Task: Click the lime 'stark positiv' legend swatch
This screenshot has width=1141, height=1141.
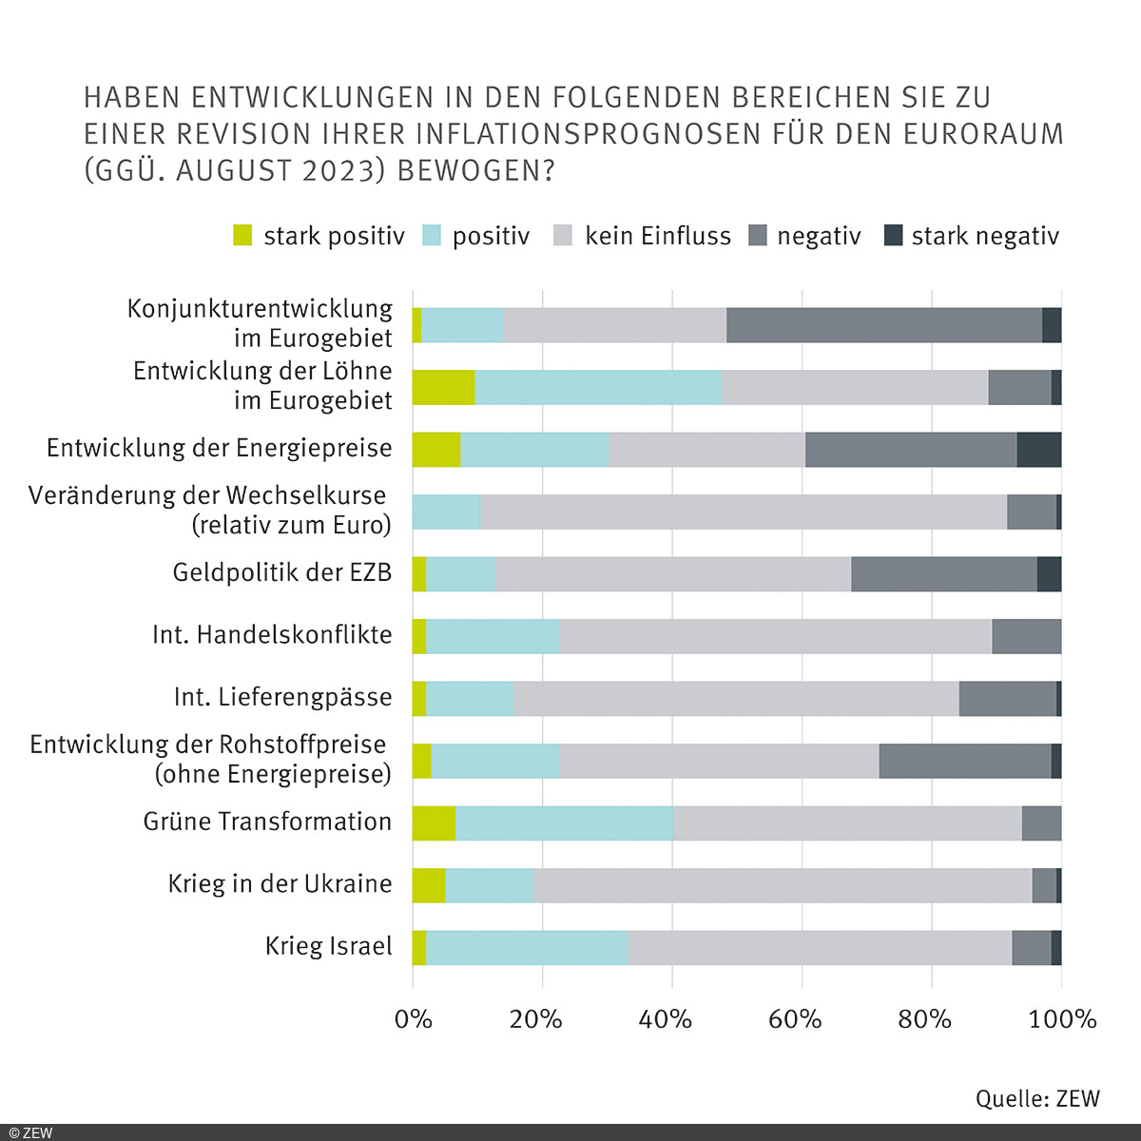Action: point(243,236)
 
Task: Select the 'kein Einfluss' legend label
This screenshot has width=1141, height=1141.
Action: point(657,236)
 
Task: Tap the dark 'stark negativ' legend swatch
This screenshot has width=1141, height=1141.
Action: point(893,236)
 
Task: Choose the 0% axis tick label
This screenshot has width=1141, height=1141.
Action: point(413,1019)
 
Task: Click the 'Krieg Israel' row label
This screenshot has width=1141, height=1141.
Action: point(328,947)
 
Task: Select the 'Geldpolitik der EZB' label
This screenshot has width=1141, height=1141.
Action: point(282,572)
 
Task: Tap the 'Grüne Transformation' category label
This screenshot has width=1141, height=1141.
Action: point(267,822)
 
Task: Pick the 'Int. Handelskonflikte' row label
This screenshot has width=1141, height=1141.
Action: point(272,635)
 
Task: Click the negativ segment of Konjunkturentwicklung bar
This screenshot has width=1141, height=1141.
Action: point(884,325)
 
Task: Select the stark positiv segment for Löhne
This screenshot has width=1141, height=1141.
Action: point(443,388)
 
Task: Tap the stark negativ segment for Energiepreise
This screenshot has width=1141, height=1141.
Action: point(1038,449)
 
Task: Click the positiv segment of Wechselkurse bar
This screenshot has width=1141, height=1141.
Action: point(446,512)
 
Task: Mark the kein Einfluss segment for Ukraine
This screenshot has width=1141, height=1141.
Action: point(783,885)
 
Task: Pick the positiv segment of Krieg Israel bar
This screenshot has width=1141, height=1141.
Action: point(527,948)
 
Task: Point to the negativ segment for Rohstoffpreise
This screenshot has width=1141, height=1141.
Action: point(964,761)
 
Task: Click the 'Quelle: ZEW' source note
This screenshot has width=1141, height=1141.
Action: point(1037,1098)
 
